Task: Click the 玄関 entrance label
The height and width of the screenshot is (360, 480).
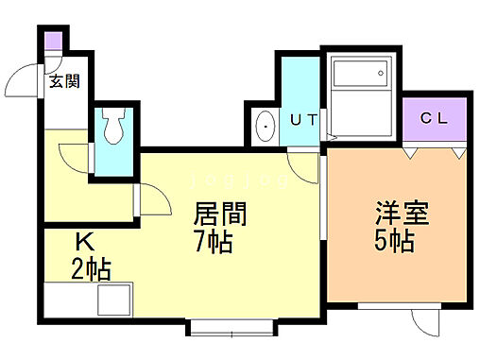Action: [x=65, y=82]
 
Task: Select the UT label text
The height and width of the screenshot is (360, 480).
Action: [x=301, y=120]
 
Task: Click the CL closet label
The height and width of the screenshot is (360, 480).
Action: [x=434, y=120]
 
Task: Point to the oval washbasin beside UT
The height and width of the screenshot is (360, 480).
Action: [x=266, y=123]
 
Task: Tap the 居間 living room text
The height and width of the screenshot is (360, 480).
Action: [x=221, y=214]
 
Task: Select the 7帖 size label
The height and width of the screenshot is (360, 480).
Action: [x=214, y=243]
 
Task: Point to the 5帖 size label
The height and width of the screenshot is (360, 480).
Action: [x=394, y=241]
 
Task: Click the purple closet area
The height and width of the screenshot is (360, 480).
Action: [x=434, y=120]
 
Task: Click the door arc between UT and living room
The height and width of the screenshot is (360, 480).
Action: [x=304, y=168]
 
